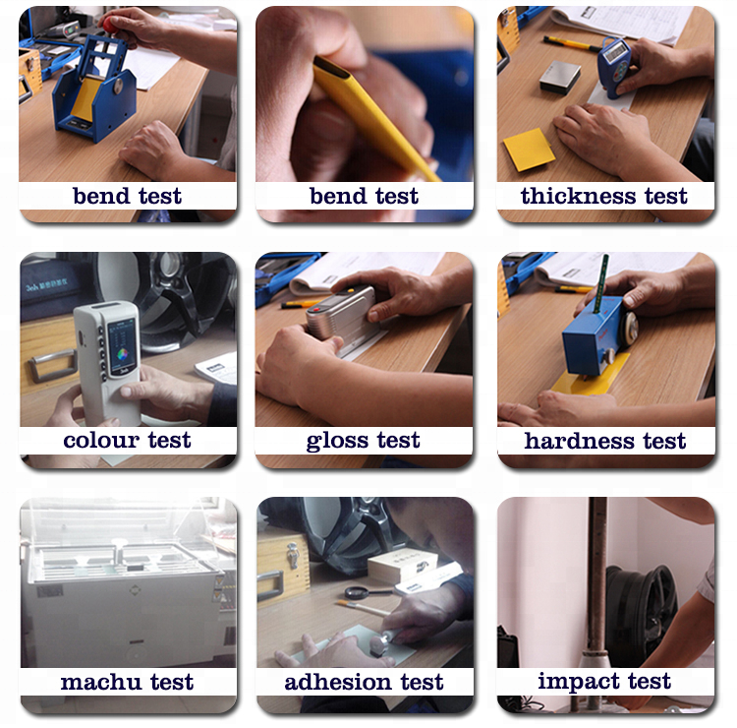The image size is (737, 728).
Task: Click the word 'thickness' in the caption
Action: pos(579,196)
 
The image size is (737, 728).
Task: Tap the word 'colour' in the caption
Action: pos(101,441)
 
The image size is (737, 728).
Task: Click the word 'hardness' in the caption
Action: pos(579,441)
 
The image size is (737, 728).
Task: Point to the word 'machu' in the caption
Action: pos(100,682)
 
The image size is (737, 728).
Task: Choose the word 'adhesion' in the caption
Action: pos(337,682)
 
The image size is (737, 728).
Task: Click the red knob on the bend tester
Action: pos(111,24)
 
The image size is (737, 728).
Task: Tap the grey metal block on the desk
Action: pos(560,77)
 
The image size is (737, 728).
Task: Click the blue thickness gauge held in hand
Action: pos(614,67)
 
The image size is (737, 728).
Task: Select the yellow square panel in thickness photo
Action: pos(529,150)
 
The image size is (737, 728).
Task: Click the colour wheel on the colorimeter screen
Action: pos(123,354)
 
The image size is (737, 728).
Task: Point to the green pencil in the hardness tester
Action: pos(600,283)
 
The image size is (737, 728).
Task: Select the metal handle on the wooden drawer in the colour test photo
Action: pos(52,365)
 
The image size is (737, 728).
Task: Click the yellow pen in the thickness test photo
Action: pos(572,43)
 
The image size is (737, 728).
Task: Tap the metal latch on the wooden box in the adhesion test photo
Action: pos(293,555)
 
